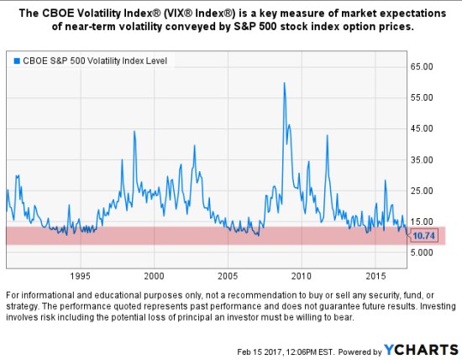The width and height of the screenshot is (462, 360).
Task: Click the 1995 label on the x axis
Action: [x=80, y=275]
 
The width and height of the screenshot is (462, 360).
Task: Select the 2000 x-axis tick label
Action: [x=154, y=275]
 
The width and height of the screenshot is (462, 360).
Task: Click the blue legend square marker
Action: [x=15, y=60]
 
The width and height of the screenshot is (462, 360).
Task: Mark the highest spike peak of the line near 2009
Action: [x=284, y=83]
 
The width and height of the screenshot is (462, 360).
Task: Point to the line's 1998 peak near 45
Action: [x=134, y=132]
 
